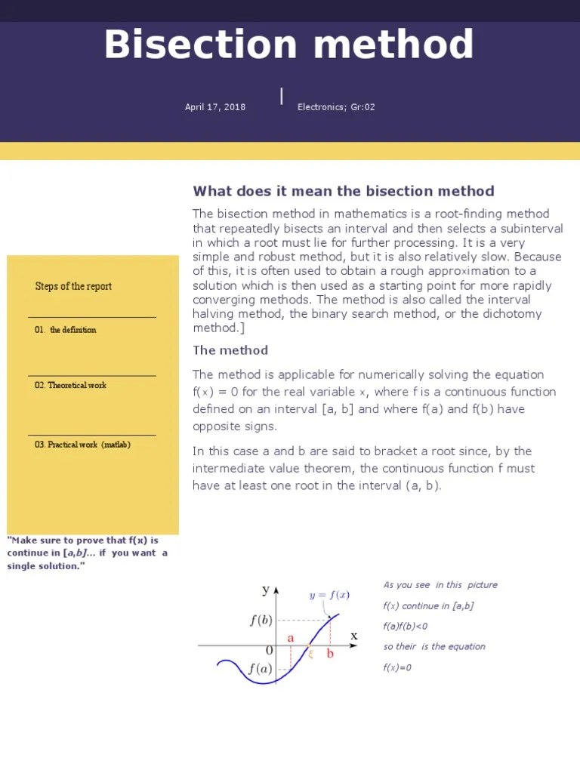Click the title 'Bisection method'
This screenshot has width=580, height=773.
[288, 45]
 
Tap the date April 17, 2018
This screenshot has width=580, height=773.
[215, 107]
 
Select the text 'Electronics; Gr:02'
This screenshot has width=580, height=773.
[336, 107]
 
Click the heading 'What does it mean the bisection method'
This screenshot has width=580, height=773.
[344, 191]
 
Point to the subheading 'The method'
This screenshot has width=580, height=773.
[230, 350]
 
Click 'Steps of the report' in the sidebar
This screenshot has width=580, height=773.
[73, 286]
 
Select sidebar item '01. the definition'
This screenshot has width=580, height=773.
[66, 330]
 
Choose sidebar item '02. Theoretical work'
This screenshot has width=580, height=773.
[70, 385]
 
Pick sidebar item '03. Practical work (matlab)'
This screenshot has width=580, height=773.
[82, 445]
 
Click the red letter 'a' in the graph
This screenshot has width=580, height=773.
[291, 638]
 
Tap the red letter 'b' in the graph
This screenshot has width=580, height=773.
[330, 654]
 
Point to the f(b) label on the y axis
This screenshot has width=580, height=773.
[261, 621]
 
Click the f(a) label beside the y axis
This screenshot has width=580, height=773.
[260, 669]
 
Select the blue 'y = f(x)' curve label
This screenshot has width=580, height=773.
[329, 595]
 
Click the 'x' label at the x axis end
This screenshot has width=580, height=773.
[353, 636]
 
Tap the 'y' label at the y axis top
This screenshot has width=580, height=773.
[265, 590]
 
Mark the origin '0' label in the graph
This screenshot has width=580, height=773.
[269, 651]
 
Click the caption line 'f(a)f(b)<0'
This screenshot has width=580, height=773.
[406, 627]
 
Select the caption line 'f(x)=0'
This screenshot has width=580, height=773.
[397, 668]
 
